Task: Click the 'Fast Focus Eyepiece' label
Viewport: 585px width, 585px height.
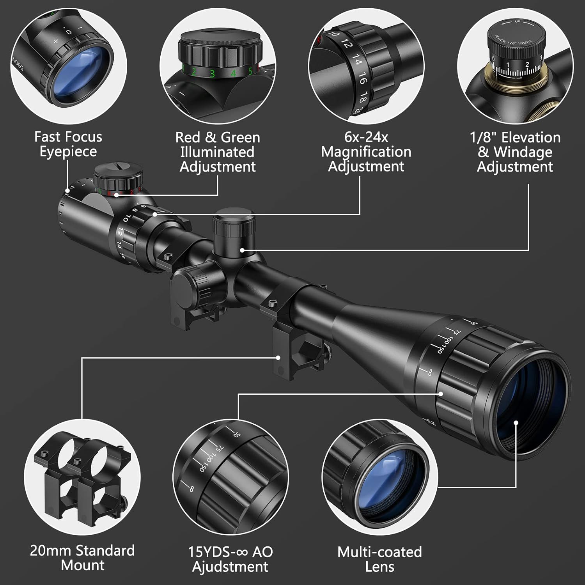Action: [x=68, y=144]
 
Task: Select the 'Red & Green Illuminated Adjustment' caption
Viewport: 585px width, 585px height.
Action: [x=218, y=152]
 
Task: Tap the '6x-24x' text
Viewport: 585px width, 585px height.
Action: [x=366, y=137]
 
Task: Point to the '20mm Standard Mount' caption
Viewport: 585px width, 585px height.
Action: [x=82, y=558]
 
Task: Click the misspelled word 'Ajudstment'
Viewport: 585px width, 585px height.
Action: [x=230, y=567]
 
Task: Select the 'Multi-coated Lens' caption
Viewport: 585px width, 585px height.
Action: [x=379, y=559]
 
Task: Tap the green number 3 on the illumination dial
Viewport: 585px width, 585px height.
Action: [x=212, y=73]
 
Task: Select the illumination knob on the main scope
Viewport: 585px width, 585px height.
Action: [x=118, y=177]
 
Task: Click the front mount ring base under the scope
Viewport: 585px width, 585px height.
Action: [x=289, y=351]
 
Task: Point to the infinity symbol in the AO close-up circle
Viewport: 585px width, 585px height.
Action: [x=191, y=488]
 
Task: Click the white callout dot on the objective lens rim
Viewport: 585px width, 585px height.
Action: [x=516, y=423]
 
